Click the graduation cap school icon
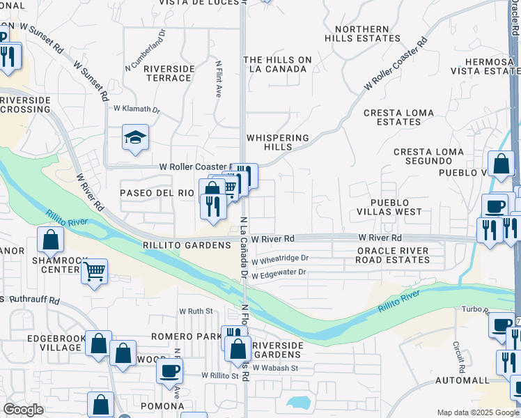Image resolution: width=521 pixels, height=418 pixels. [x=136, y=138]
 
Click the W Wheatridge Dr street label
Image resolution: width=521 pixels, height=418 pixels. [x=280, y=258]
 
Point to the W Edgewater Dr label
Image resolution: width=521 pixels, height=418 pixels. [x=279, y=275]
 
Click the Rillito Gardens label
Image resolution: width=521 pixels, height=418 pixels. [x=186, y=245]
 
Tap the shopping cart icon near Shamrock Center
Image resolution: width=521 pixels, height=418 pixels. [x=95, y=271]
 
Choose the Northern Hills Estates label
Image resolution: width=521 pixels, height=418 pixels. [x=361, y=34]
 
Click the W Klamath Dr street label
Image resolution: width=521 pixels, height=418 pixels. [x=137, y=109]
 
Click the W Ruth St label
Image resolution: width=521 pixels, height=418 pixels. [x=195, y=311]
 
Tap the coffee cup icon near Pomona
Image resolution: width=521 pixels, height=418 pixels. [x=169, y=371]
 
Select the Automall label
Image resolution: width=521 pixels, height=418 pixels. [x=462, y=380]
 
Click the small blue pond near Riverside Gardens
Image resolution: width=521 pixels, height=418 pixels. [x=297, y=403]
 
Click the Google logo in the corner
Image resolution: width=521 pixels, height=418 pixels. [x=24, y=410]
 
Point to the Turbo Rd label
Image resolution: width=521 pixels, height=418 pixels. [x=476, y=309]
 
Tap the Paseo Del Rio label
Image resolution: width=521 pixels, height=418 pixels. [x=157, y=192]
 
